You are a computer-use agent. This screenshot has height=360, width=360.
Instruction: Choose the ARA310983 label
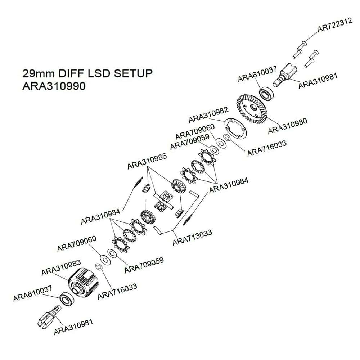pos(61,267)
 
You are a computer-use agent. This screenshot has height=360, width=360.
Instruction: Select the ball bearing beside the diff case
pos(66,300)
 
